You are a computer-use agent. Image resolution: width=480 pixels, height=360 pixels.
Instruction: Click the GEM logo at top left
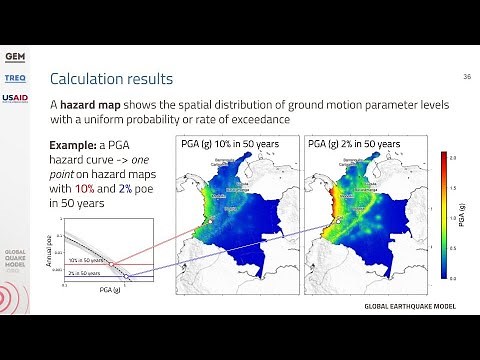click(x=15, y=55)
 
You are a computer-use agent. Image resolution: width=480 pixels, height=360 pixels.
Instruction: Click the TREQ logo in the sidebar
click(x=15, y=78)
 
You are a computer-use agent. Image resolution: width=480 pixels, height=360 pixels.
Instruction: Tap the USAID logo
click(x=15, y=98)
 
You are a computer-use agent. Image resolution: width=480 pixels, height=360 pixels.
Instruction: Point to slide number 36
click(x=466, y=76)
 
